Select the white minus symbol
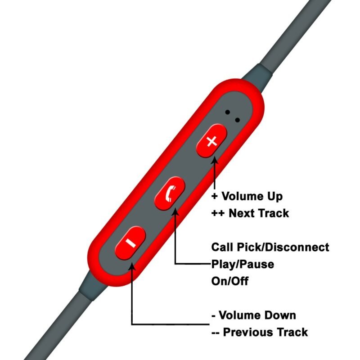click(x=130, y=243)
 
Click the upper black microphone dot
click(x=228, y=112)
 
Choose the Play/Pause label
click(x=243, y=264)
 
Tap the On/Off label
click(x=230, y=281)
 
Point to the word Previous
click(x=247, y=333)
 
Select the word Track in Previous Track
click(x=292, y=333)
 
